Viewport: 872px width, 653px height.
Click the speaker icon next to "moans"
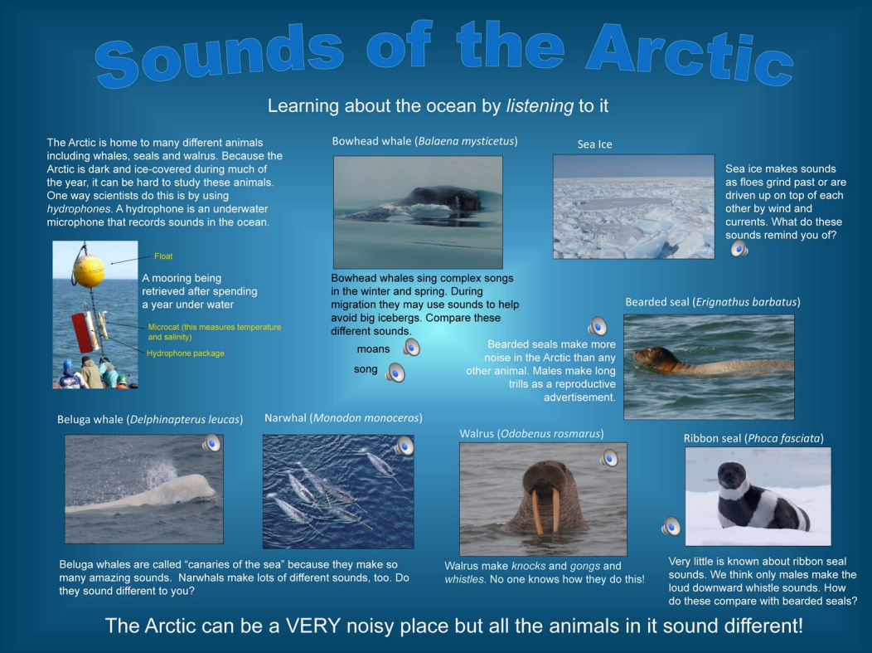411,348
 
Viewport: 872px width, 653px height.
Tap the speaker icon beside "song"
395,373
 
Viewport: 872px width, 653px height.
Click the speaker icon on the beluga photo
211,443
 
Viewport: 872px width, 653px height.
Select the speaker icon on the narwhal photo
405,446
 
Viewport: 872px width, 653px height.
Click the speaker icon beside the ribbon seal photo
671,526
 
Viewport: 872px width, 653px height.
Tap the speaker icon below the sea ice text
739,248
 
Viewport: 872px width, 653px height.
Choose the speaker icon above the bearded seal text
598,325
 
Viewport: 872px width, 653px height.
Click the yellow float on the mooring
89,270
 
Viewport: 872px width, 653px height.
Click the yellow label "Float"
163,256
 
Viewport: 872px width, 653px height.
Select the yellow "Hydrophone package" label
186,353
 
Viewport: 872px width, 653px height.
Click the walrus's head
546,480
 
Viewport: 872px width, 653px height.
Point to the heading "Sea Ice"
594,144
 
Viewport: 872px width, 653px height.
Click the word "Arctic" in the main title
690,53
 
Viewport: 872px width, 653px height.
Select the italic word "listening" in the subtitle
540,105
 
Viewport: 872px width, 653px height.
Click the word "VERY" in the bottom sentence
313,626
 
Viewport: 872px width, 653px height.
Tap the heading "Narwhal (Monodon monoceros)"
343,418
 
